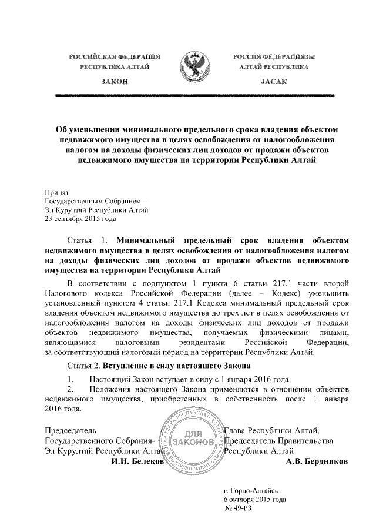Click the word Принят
tap(57, 192)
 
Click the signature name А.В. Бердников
tap(316, 462)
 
